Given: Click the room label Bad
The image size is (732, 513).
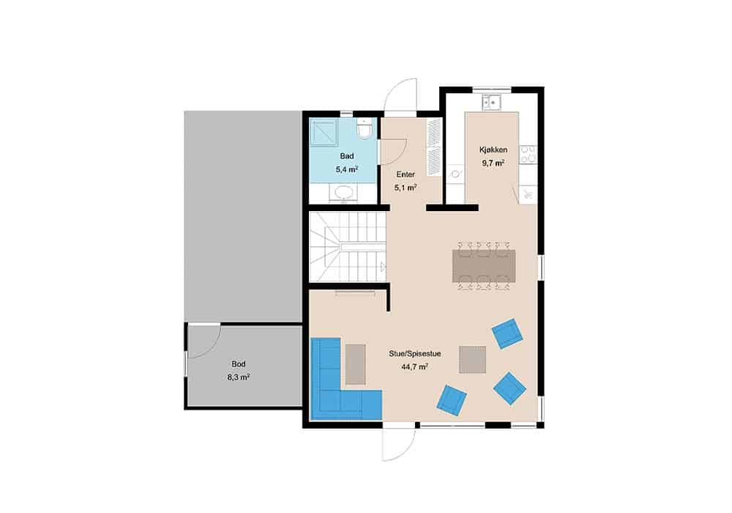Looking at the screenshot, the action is click(x=346, y=156).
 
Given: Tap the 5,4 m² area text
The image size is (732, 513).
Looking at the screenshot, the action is click(x=346, y=169).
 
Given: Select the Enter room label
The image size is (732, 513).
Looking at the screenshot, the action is click(x=406, y=174).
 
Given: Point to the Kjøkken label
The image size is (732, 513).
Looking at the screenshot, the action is click(x=493, y=150).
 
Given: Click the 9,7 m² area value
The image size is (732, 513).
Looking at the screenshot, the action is click(x=493, y=163).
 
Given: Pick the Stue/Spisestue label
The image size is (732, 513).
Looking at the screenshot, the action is click(x=414, y=354).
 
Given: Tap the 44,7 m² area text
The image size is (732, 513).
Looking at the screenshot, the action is click(x=414, y=366).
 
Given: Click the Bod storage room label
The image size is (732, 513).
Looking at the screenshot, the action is click(x=238, y=364).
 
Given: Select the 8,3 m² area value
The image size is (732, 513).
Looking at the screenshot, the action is click(x=238, y=377).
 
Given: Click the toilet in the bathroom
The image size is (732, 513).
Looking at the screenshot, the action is click(x=363, y=128).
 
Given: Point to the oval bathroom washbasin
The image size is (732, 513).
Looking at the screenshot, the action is click(x=345, y=193).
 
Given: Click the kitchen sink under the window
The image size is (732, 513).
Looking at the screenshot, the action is click(x=491, y=102).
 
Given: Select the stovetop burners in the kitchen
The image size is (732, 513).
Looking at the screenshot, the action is click(x=529, y=155).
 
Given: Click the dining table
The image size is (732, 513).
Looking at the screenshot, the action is click(x=484, y=266).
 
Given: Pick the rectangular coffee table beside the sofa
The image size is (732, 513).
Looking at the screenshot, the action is click(x=356, y=364).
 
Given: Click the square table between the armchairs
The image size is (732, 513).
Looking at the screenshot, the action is click(x=472, y=359).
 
